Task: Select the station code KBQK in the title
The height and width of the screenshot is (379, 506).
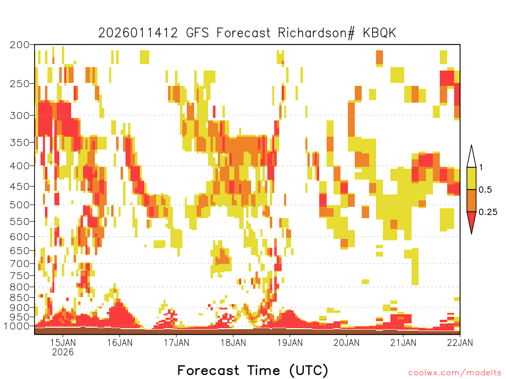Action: pyautogui.click(x=379, y=33)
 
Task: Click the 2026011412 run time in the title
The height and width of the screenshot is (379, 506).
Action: pyautogui.click(x=138, y=33)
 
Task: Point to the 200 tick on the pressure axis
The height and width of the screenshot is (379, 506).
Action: pyautogui.click(x=20, y=45)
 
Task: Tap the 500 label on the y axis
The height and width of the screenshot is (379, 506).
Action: pyautogui.click(x=20, y=205)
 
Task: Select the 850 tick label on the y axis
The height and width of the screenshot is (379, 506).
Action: pyautogui.click(x=20, y=298)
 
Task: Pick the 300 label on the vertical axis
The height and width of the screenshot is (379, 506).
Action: pyautogui.click(x=20, y=115)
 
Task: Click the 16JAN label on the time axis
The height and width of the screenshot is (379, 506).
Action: pyautogui.click(x=120, y=342)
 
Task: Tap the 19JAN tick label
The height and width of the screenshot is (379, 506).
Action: pyautogui.click(x=290, y=342)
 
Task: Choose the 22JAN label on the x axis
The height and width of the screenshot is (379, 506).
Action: pyautogui.click(x=460, y=342)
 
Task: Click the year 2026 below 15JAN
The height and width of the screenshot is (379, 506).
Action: pyautogui.click(x=63, y=352)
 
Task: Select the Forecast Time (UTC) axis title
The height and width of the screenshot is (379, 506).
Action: pyautogui.click(x=253, y=371)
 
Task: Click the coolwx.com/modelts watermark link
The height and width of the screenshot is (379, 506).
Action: pyautogui.click(x=455, y=373)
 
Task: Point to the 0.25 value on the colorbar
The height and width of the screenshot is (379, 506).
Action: pyautogui.click(x=488, y=212)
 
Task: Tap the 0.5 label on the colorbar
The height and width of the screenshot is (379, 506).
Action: pyautogui.click(x=485, y=190)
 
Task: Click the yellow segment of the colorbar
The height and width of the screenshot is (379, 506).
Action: pyautogui.click(x=471, y=178)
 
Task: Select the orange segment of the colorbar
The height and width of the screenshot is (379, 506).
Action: pyautogui.click(x=471, y=200)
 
